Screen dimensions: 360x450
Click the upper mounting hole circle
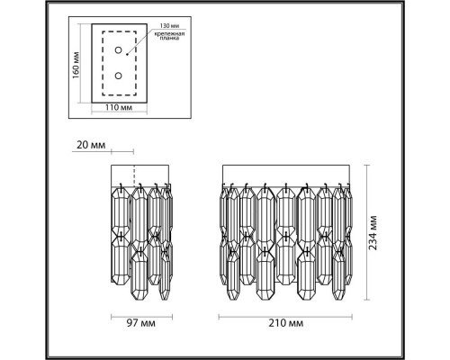(x=119, y=55)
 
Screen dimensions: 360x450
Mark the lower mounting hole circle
(x=119, y=77)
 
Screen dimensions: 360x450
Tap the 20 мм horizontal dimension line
(x=122, y=152)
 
